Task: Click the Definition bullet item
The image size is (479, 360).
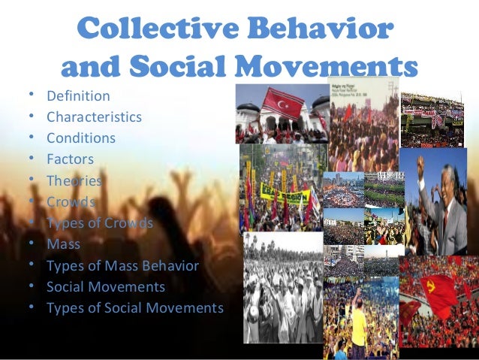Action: point(78,96)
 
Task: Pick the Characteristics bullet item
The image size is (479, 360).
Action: point(94,117)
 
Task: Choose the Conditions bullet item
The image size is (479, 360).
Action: point(81,138)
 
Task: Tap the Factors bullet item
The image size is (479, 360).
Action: point(70,159)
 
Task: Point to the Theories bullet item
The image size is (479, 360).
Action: point(74,180)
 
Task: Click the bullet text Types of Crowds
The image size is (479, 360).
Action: point(99,223)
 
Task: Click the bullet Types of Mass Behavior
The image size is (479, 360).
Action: point(122,266)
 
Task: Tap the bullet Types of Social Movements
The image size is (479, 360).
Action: point(135,308)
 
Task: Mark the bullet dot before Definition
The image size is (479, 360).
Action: point(32,95)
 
